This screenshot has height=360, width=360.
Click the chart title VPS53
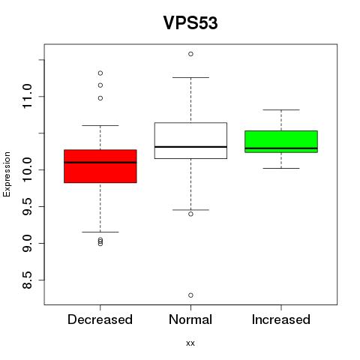tap(190, 22)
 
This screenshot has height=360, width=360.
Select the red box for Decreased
tap(100, 166)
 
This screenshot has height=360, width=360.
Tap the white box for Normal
tap(190, 140)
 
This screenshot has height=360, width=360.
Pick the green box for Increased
tap(281, 142)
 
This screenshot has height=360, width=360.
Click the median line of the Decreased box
tap(100, 163)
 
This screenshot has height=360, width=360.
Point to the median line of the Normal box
tap(190, 147)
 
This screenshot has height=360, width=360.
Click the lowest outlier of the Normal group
tap(190, 295)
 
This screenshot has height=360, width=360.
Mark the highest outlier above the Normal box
tap(190, 54)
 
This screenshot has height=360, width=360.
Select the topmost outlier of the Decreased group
tap(100, 73)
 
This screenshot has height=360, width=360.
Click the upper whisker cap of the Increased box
tap(281, 109)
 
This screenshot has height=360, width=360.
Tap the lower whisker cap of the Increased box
tap(281, 168)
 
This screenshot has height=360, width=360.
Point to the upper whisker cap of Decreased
tap(100, 125)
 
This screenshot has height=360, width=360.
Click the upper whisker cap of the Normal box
tap(190, 77)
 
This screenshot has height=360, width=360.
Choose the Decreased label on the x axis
tap(100, 319)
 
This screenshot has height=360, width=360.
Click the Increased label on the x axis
tap(281, 319)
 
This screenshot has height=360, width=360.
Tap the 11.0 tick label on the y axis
tap(27, 97)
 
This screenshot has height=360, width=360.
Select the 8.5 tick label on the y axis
tap(27, 280)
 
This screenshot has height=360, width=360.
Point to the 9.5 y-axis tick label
tap(27, 206)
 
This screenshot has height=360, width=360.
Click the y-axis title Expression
tap(7, 174)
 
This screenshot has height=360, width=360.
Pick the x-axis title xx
tap(190, 343)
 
